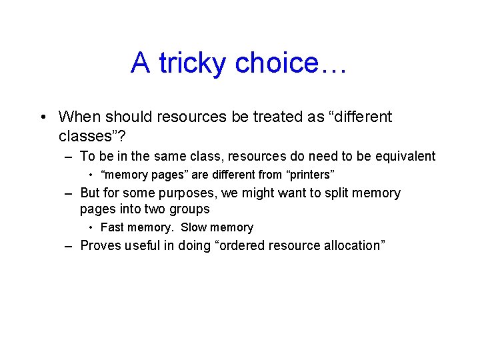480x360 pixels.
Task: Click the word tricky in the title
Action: tap(193, 63)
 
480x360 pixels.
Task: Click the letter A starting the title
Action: tap(140, 63)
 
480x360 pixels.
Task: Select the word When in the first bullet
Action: tap(77, 117)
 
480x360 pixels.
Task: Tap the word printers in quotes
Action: tap(309, 175)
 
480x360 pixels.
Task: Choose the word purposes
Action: tap(190, 193)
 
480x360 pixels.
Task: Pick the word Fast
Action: tap(113, 227)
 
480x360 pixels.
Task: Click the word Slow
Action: tap(195, 227)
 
